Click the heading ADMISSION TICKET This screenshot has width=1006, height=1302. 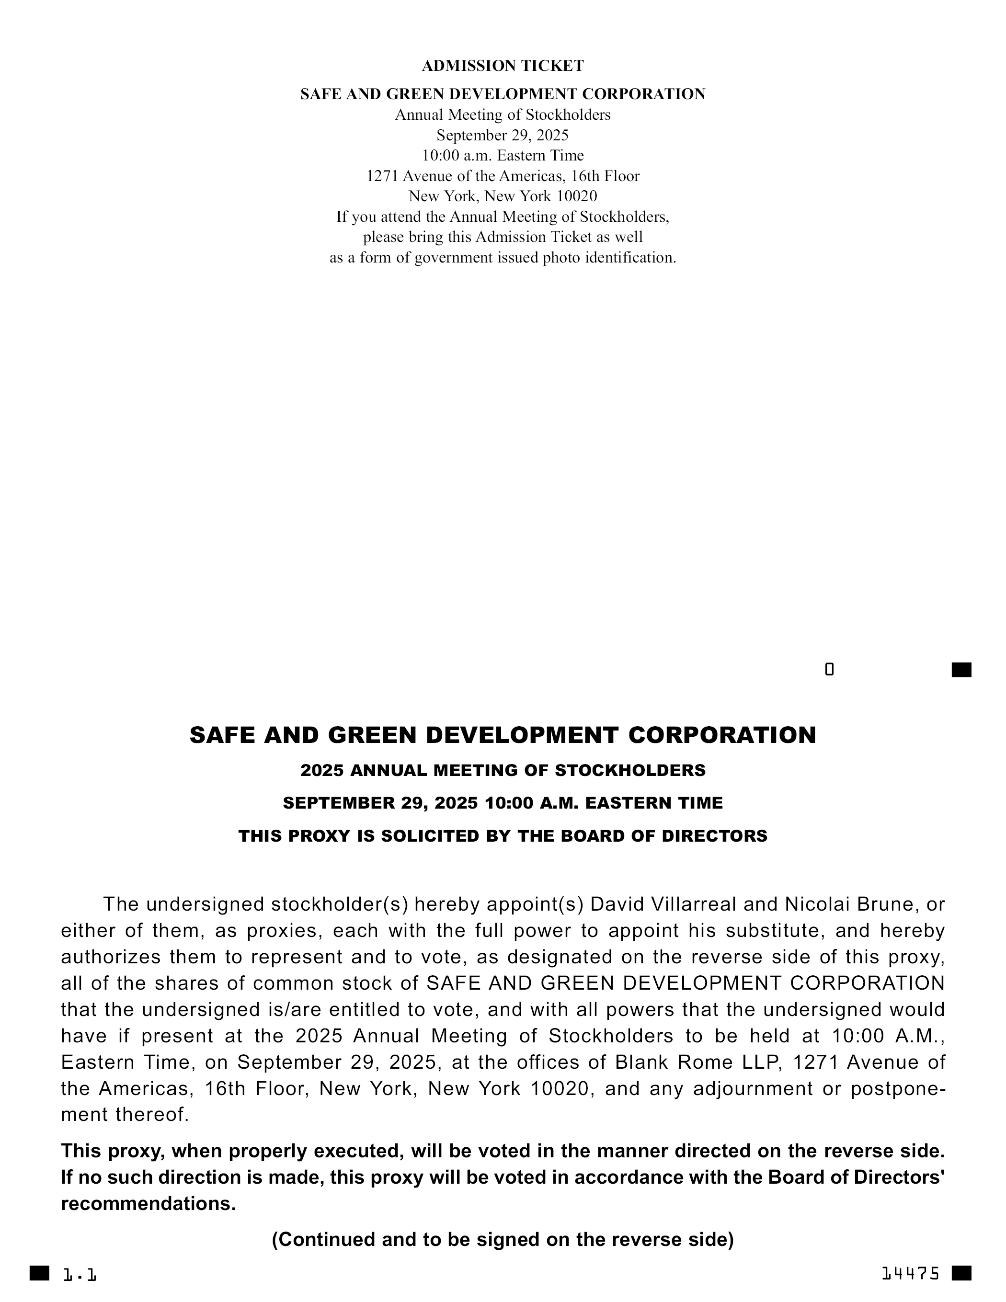point(503,66)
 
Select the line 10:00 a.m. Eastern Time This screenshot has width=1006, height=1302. point(503,156)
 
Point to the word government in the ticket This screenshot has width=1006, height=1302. point(456,258)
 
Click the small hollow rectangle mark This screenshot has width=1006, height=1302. point(829,670)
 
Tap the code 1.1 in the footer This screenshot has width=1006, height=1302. point(80,1275)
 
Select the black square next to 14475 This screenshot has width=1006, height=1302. point(961,1273)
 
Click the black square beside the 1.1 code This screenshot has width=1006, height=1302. point(39,1273)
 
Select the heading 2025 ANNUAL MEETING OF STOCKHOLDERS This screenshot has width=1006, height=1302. point(503,770)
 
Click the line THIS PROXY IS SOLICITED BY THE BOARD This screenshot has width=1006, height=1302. point(503,836)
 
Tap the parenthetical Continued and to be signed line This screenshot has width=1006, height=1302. point(503,1239)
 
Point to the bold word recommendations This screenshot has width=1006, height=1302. point(149,1204)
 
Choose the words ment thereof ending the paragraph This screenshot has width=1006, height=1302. point(125,1114)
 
